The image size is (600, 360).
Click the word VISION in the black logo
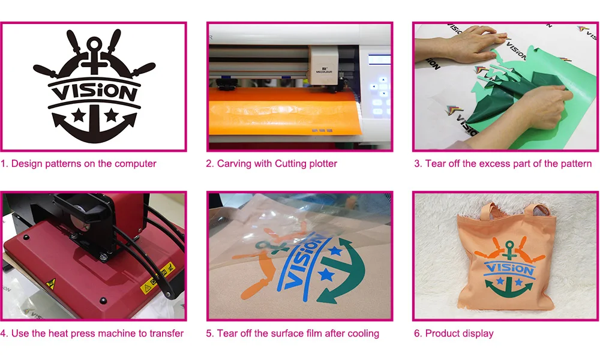pyautogui.click(x=92, y=92)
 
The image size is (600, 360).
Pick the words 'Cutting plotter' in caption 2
pyautogui.click(x=306, y=163)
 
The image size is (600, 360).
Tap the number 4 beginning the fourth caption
pyautogui.click(x=4, y=333)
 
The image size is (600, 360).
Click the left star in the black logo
pyautogui.click(x=77, y=113)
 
